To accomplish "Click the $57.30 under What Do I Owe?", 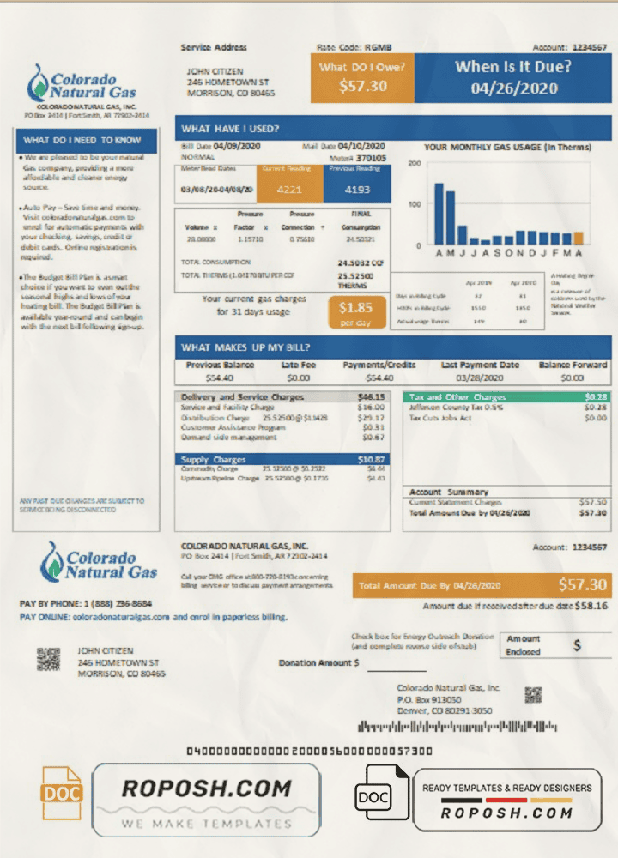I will [363, 86].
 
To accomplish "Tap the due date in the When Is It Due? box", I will [514, 88].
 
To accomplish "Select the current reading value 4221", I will [290, 190].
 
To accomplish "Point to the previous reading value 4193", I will [357, 190].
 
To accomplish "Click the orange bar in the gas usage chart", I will [579, 239].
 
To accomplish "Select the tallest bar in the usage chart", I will [439, 214].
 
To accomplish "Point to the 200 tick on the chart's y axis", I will [414, 163].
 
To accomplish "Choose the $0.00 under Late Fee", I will [298, 378].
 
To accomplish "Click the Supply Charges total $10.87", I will [371, 460].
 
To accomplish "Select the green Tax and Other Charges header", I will [506, 397].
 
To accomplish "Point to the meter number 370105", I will [372, 159].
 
